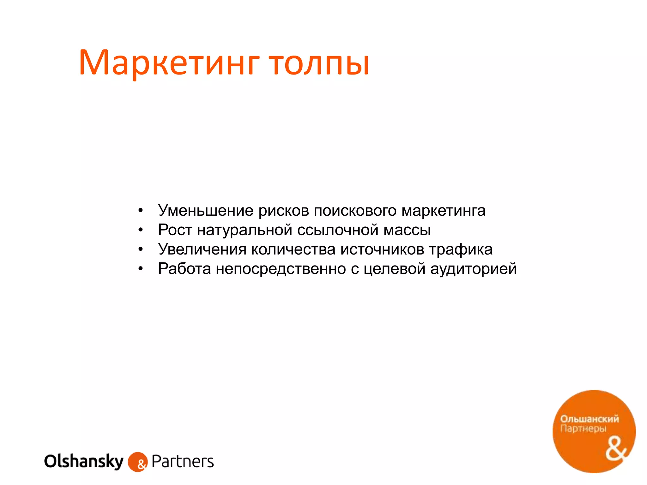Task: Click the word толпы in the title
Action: click(319, 63)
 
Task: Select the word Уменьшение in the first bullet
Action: click(206, 211)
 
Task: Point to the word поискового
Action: click(355, 211)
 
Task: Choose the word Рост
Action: click(175, 230)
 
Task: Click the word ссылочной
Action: click(337, 230)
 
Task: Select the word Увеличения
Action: click(202, 249)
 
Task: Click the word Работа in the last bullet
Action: click(184, 269)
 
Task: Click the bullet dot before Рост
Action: click(141, 230)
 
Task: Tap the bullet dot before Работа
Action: click(141, 269)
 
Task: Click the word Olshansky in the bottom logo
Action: click(84, 461)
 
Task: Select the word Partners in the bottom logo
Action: click(183, 461)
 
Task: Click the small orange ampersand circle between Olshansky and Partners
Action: click(138, 462)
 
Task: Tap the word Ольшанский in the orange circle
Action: click(589, 419)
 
